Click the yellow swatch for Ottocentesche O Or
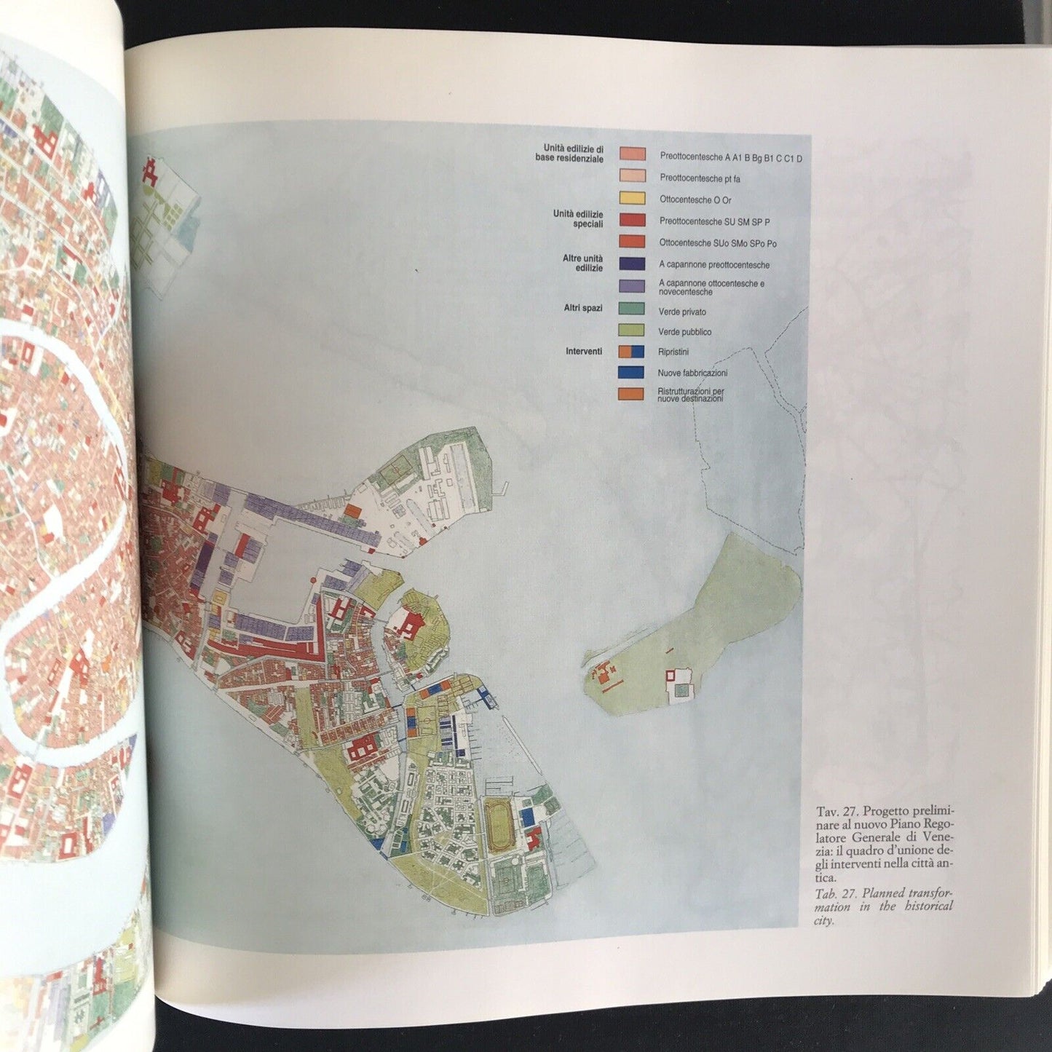coord(632,199)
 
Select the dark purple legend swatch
coord(632,264)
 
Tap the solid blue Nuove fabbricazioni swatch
coord(631,372)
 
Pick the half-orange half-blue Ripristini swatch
coord(631,351)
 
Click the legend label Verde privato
coord(681,312)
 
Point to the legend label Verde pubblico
coord(684,332)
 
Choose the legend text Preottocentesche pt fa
coord(700,178)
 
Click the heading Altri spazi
coord(582,308)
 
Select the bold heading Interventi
coord(584,351)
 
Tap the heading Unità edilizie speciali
coord(578,218)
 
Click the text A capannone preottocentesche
coord(713,265)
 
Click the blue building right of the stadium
coord(534,813)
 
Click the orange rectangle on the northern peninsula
coord(351,512)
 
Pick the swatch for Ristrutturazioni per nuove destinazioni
coord(631,394)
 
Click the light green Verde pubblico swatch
coord(631,330)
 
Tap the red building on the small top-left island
coord(151,173)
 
